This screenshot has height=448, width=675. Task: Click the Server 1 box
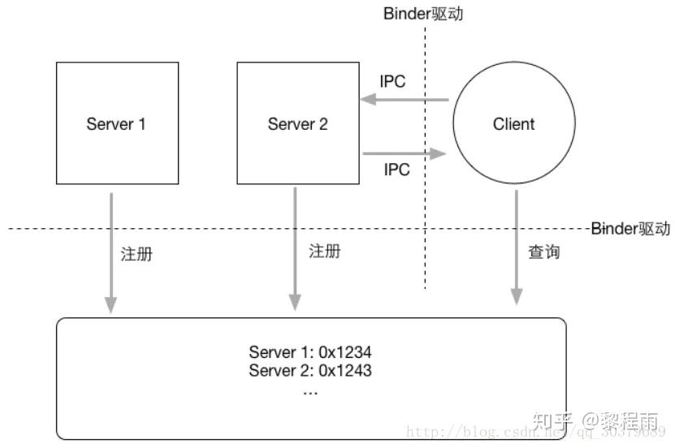pyautogui.click(x=116, y=123)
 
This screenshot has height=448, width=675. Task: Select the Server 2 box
pyautogui.click(x=298, y=123)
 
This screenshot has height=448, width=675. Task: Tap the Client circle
pyautogui.click(x=513, y=124)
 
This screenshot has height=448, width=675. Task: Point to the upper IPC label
pyautogui.click(x=393, y=82)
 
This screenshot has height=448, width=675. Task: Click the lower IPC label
pyautogui.click(x=396, y=170)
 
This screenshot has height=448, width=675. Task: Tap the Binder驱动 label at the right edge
pyautogui.click(x=632, y=228)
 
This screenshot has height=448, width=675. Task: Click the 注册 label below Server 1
pyautogui.click(x=136, y=253)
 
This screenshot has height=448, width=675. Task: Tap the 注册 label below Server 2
pyautogui.click(x=325, y=252)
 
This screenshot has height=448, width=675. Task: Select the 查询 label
pyautogui.click(x=543, y=252)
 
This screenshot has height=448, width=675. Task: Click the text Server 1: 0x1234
pyautogui.click(x=309, y=353)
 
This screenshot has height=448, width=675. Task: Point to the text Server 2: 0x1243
pyautogui.click(x=309, y=371)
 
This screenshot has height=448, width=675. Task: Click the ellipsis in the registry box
pyautogui.click(x=309, y=390)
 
